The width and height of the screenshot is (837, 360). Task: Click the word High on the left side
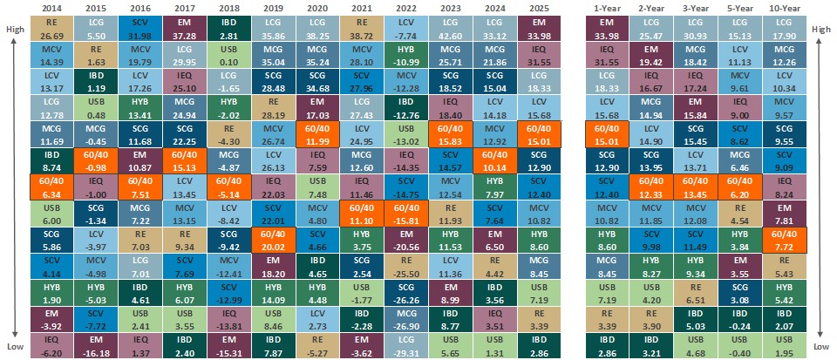click(x=15, y=29)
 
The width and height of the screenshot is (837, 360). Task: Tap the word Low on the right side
click(x=821, y=345)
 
